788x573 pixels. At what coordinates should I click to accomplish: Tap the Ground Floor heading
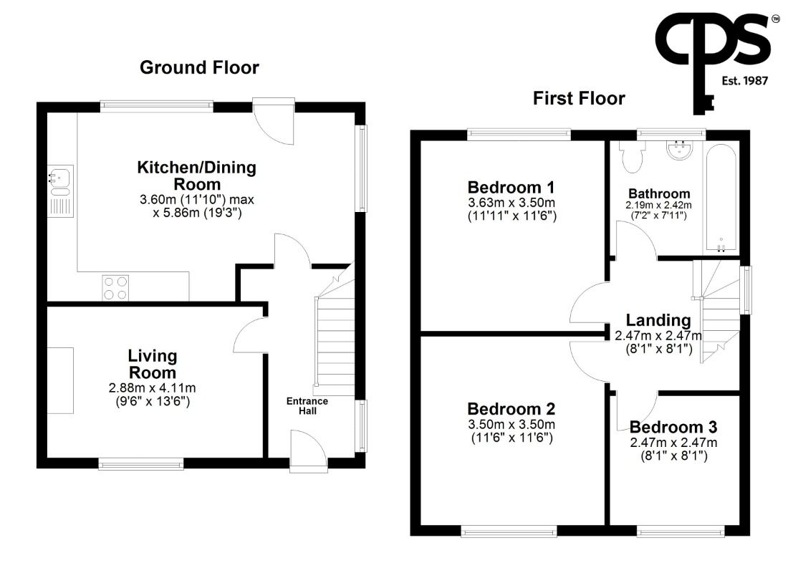click(x=200, y=67)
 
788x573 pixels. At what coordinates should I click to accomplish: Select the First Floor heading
click(x=579, y=98)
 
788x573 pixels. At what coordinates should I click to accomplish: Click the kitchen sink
click(x=60, y=191)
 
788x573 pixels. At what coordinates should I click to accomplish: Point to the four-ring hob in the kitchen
click(x=115, y=288)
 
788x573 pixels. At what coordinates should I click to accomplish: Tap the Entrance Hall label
click(x=307, y=405)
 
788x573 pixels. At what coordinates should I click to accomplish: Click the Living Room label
click(x=153, y=364)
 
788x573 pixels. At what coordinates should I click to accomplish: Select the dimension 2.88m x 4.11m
click(x=153, y=388)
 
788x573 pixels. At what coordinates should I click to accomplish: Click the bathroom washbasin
click(x=680, y=150)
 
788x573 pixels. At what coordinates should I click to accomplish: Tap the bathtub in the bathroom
click(x=721, y=198)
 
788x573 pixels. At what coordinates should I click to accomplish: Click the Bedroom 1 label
click(x=511, y=188)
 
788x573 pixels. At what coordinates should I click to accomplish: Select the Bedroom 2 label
click(x=511, y=409)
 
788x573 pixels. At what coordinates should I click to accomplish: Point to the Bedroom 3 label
click(x=673, y=427)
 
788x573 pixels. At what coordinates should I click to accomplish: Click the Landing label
click(x=658, y=320)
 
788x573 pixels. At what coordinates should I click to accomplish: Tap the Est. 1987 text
click(x=745, y=80)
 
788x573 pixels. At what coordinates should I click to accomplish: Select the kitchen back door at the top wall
click(x=274, y=121)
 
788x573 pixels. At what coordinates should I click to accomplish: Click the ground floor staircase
click(x=335, y=331)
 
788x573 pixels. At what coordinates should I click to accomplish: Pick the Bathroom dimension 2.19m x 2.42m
click(x=658, y=205)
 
